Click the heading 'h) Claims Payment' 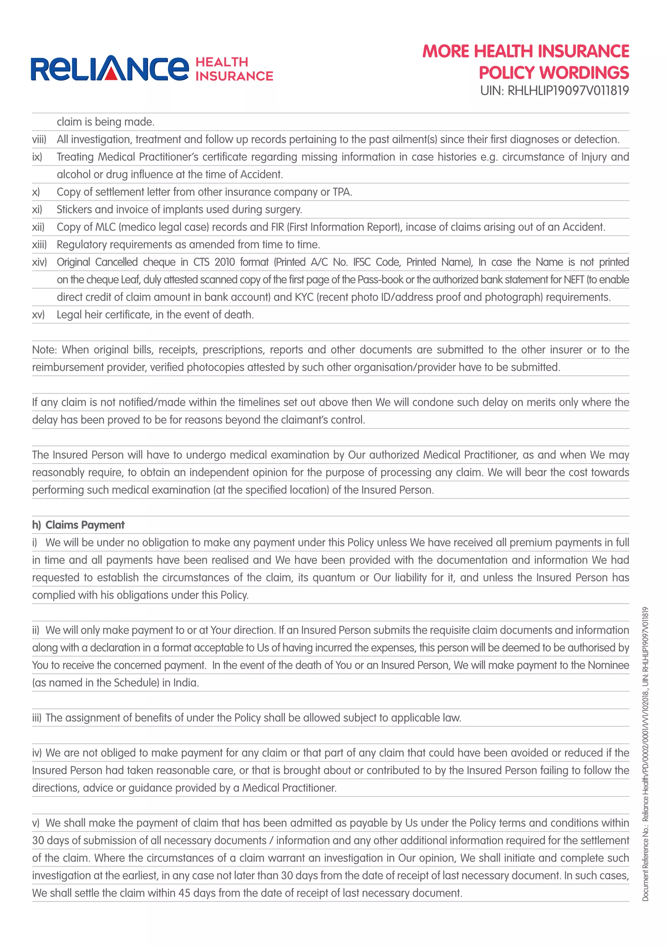click(78, 525)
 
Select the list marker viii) click(39, 140)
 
